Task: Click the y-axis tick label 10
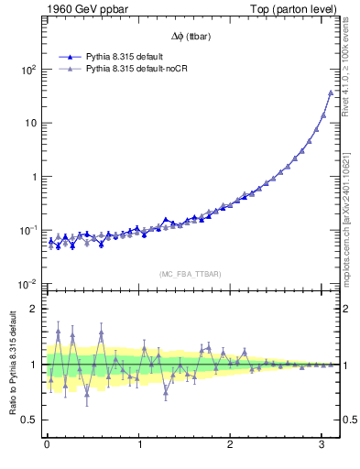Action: (30, 123)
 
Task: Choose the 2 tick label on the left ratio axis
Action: (33, 309)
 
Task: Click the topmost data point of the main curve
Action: (330, 93)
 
